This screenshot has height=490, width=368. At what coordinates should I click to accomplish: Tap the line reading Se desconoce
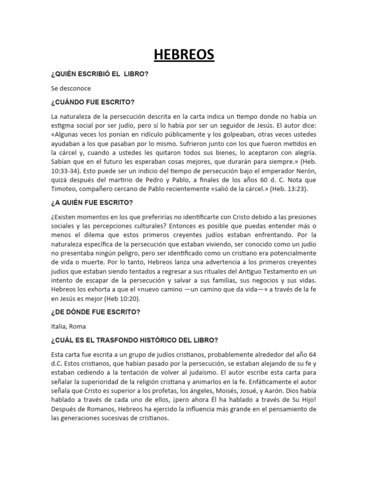coord(71,89)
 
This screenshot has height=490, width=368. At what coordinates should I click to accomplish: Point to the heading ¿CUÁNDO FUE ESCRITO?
coord(93,102)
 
